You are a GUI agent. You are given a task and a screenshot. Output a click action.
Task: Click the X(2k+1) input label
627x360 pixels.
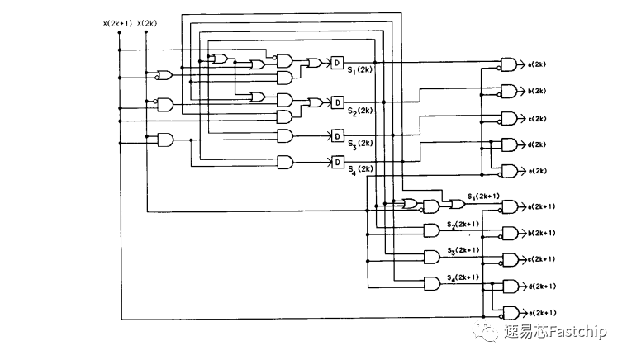[117, 23]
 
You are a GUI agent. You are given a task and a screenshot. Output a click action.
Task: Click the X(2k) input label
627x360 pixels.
[147, 23]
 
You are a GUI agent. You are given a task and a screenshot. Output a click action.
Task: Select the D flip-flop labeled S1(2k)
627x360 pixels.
[337, 63]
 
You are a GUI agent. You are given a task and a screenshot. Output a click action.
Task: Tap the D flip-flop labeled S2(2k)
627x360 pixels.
[337, 102]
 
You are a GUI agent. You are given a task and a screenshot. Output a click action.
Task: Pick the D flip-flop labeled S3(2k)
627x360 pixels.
[337, 135]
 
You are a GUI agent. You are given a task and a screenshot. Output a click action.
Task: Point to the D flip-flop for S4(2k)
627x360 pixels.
[337, 162]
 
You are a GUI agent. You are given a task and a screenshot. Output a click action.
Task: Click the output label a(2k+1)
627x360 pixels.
[541, 206]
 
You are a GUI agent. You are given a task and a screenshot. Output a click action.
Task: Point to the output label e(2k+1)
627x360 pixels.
[541, 313]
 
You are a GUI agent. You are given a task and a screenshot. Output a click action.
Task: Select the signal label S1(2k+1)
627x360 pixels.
[483, 196]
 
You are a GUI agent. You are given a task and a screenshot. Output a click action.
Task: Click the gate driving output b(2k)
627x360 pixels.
[510, 91]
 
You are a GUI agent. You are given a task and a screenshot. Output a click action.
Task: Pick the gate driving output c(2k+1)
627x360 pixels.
[510, 259]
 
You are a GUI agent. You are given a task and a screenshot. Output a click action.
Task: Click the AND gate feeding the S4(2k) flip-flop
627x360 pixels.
[285, 162]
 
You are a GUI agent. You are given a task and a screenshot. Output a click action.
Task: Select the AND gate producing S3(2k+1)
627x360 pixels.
[431, 256]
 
